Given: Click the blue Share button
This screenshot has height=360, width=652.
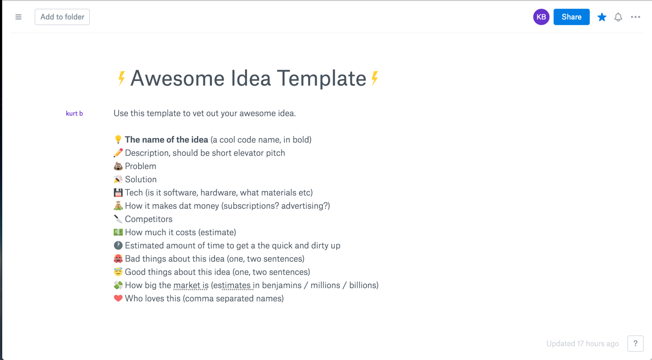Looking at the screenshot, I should click(x=571, y=17).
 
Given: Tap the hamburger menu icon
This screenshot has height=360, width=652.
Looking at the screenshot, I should click(x=18, y=17).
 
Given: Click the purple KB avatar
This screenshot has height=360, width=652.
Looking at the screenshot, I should click(x=541, y=17).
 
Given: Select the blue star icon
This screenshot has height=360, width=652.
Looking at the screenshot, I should click(x=602, y=17).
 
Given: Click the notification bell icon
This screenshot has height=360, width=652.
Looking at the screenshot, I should click(x=618, y=17).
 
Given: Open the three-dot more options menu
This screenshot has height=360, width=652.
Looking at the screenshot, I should click(x=635, y=17).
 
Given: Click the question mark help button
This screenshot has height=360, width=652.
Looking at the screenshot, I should click(x=635, y=343).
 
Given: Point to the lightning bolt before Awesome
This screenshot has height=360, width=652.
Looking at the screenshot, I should click(x=121, y=78).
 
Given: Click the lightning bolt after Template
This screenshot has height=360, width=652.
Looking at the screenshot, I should click(x=375, y=78).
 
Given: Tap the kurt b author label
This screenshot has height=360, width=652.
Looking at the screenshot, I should click(x=74, y=114).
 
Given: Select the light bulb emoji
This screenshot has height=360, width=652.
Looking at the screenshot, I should click(x=118, y=140).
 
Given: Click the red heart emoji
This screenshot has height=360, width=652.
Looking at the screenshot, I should click(x=118, y=298).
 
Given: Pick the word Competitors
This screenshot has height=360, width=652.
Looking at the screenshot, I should click(x=149, y=219).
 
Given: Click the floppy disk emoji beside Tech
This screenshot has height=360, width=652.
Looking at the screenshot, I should click(x=118, y=192).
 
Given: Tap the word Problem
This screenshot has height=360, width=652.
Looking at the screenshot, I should click(x=141, y=166).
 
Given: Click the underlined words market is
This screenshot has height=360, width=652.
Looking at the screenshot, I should click(x=191, y=285).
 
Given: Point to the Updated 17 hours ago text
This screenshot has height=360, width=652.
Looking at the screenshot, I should click(x=582, y=344).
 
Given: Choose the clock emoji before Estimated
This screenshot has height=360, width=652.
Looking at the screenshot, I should click(x=118, y=245).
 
